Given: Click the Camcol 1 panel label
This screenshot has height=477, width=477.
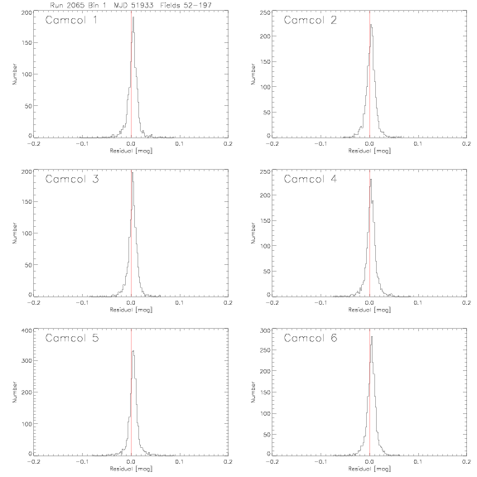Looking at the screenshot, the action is (71, 20).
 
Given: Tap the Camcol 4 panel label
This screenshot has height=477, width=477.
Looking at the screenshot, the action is (311, 179).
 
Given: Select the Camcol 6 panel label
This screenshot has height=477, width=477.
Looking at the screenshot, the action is (311, 338).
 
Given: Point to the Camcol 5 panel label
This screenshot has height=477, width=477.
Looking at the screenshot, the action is (72, 338).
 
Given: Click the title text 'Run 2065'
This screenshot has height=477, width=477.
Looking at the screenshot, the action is (67, 5).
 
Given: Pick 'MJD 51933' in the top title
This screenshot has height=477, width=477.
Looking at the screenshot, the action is (133, 5).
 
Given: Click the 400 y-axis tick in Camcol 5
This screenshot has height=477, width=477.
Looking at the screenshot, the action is (26, 330).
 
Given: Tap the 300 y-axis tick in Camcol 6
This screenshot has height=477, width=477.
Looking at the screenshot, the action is (265, 330).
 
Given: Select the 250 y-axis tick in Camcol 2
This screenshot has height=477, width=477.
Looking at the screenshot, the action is (265, 12).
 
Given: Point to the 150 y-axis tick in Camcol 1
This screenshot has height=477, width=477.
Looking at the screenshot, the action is (26, 42).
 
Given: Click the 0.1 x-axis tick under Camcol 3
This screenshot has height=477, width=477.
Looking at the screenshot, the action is (180, 303).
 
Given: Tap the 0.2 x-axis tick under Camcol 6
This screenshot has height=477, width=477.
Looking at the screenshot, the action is (466, 461).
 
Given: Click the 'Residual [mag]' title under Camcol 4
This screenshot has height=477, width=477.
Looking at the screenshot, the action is (369, 310).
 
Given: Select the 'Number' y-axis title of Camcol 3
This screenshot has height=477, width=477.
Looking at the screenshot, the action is (14, 233).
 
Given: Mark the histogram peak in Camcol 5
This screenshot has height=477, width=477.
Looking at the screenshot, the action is (133, 351).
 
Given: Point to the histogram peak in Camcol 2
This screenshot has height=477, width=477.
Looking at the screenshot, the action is (371, 25).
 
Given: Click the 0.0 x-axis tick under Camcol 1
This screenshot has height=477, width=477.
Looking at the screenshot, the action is (131, 143).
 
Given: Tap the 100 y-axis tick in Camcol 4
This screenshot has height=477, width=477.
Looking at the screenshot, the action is (265, 246).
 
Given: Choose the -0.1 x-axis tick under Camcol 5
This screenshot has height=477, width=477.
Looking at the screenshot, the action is (82, 461).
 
